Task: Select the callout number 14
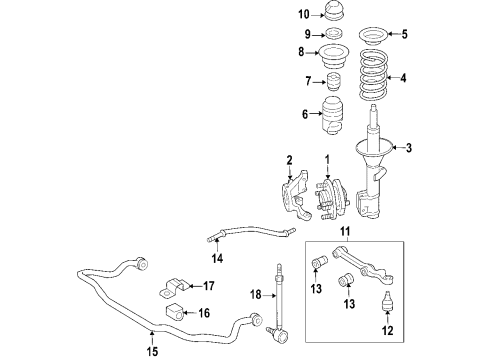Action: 218,258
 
